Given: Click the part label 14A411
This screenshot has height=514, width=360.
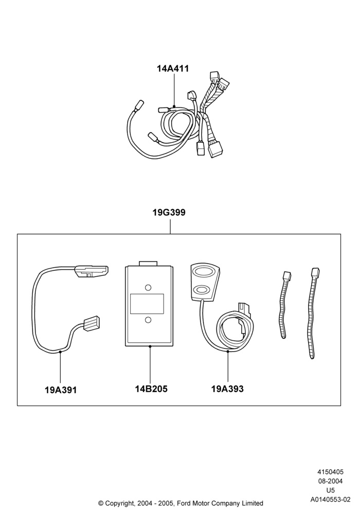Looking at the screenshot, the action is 173,68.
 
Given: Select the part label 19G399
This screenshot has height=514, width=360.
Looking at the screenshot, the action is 169,212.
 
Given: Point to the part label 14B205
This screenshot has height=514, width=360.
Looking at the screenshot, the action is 151,389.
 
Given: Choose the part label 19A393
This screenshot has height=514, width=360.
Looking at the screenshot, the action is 227,389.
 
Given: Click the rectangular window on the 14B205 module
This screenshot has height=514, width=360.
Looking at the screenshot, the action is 147,304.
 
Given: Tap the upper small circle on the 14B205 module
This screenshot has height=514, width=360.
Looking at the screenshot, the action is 148,287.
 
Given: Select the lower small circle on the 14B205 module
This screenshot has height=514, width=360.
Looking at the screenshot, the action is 148,320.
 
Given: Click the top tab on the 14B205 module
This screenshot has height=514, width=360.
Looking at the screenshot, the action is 148,264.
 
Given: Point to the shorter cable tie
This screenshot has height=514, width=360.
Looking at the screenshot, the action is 284,304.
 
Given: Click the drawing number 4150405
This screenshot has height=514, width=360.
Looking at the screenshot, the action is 330,472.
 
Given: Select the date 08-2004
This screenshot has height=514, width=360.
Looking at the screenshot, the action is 330,481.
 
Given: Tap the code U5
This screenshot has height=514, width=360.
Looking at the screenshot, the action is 331,490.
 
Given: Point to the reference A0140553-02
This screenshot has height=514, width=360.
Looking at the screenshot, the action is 331,500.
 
